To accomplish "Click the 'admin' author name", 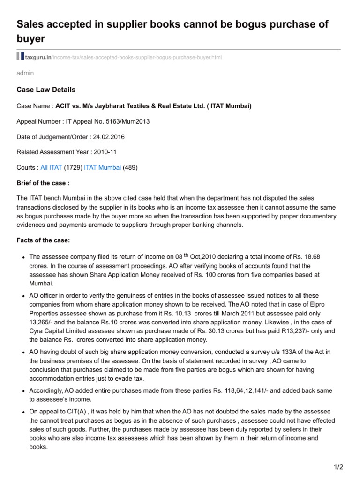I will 25,73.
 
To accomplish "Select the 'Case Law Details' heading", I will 46,90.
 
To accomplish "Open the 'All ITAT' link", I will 51,167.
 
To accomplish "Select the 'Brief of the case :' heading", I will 43,183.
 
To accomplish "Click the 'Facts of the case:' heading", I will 43,240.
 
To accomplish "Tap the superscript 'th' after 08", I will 187,255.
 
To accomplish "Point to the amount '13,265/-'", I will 41,322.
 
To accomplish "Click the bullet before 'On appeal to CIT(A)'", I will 23,412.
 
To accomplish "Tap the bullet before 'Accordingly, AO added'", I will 23,390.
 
